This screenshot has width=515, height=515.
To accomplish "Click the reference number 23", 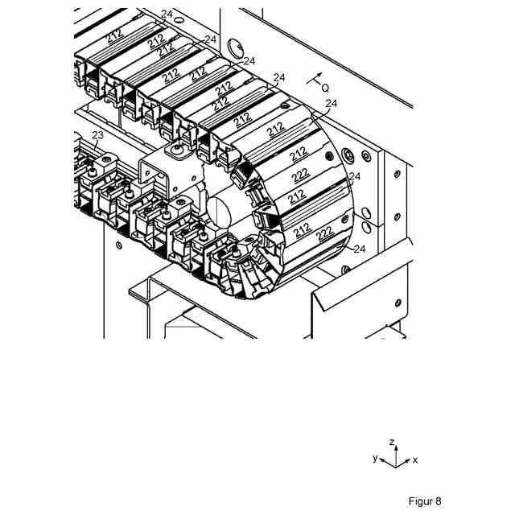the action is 97,135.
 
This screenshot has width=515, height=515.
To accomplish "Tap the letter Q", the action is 325,86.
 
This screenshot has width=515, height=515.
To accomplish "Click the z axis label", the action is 390,443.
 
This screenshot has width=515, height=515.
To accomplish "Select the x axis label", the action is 415,461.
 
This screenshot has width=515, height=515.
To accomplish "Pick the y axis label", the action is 375,457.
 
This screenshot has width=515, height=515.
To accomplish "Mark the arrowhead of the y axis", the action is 381,459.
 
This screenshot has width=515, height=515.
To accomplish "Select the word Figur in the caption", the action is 420,501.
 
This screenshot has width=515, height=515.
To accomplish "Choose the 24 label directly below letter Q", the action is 332,104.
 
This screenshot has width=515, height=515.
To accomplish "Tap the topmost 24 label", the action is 167,14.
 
